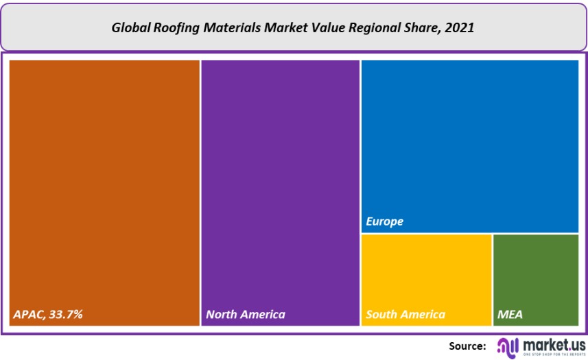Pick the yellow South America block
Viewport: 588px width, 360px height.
pos(426,274)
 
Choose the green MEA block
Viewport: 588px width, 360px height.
pos(535,274)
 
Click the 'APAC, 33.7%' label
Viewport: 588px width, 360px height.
pos(48,315)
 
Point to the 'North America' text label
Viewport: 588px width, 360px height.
pos(245,315)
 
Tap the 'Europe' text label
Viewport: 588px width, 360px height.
pos(384,221)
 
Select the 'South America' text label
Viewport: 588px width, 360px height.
pos(405,315)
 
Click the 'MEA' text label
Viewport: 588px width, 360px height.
pos(510,315)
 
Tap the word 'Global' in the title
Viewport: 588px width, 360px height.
pos(128,29)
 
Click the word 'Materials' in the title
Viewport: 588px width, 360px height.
pos(222,29)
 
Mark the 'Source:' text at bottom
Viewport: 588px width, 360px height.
pos(467,346)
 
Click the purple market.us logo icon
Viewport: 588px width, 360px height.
pos(508,346)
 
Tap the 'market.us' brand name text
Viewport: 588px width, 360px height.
pos(554,343)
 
